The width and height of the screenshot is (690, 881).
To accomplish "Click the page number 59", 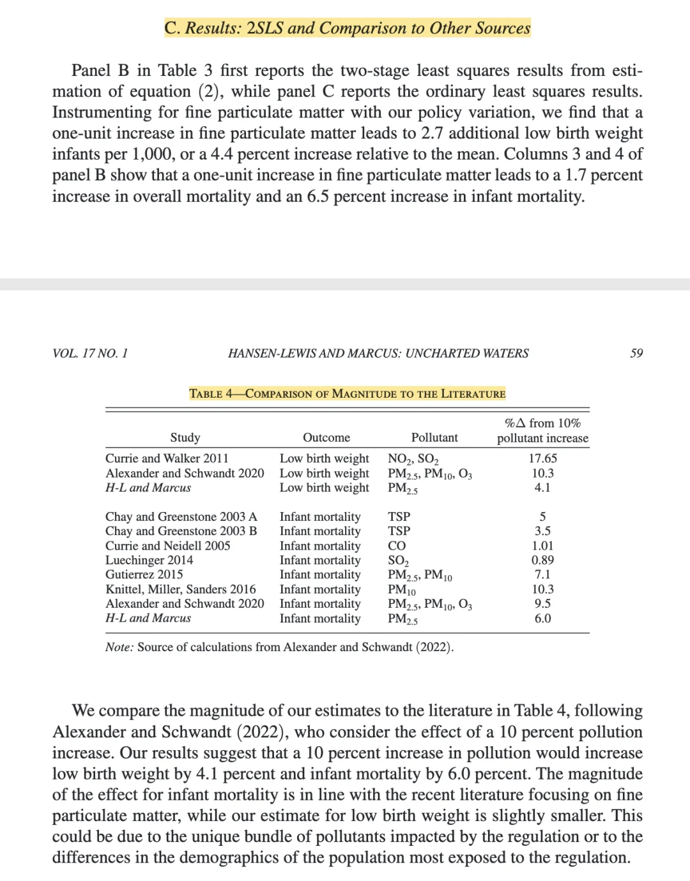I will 636,353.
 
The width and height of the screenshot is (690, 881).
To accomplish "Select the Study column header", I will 185,437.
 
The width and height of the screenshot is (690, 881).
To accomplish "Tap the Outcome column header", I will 326,437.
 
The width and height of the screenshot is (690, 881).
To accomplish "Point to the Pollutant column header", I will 434,437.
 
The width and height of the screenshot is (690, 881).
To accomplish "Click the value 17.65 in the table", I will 542,458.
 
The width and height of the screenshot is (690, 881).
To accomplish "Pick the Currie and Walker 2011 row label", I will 167,458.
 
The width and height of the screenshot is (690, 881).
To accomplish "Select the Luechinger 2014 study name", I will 149,560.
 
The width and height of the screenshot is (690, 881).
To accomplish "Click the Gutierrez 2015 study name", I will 144,575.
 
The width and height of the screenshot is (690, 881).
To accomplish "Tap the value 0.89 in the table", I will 542,560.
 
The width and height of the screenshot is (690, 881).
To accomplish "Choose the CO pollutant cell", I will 397,546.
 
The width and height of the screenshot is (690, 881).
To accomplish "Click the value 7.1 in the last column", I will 542,575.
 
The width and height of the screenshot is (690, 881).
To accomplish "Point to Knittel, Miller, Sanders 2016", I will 180,589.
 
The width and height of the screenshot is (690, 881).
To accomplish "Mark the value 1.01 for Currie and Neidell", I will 542,546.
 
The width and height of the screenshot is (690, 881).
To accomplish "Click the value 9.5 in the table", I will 542,603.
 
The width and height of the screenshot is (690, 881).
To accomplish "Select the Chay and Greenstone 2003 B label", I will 181,531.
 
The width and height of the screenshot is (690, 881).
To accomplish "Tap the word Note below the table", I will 119,647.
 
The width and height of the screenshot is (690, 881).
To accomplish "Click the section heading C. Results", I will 347,28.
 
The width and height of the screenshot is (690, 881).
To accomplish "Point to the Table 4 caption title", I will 347,393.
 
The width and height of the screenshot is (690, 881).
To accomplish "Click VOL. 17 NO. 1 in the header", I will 90,353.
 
